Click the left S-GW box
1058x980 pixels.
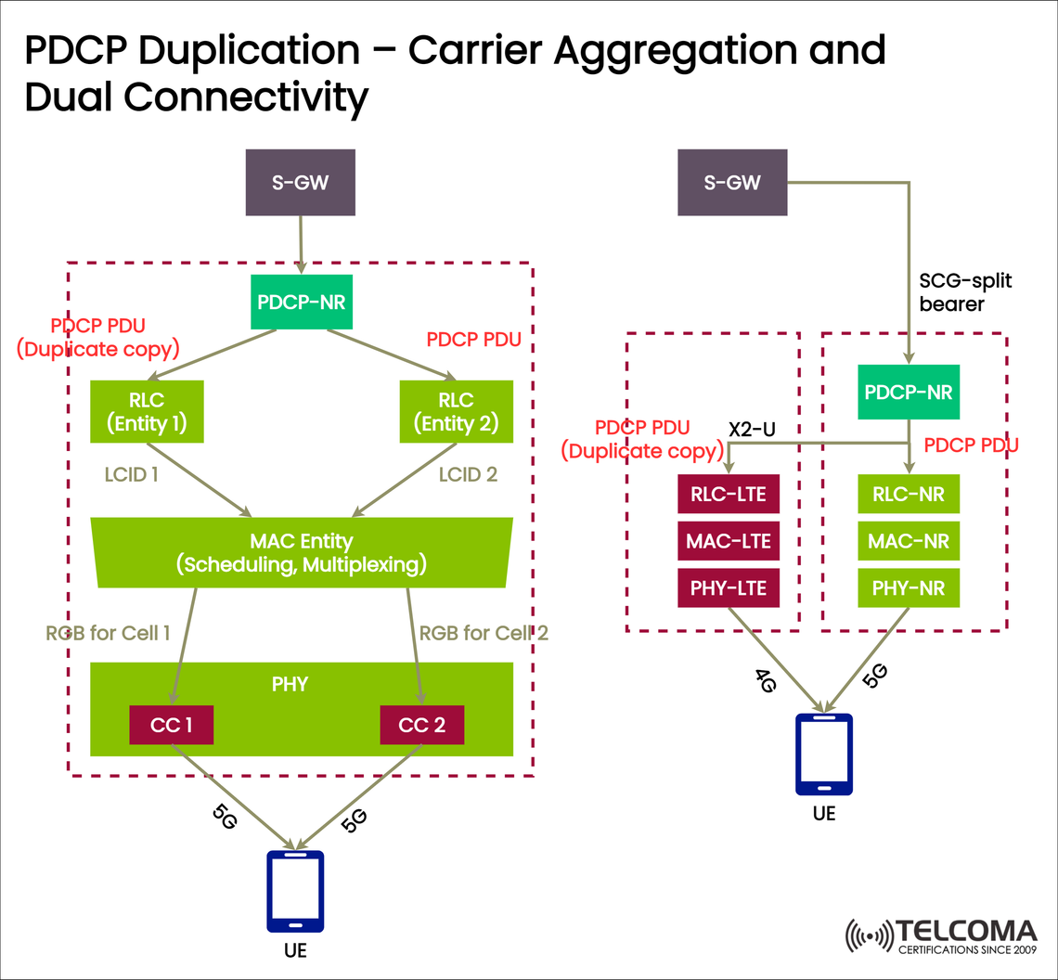(x=299, y=183)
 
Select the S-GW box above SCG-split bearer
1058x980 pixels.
(x=731, y=183)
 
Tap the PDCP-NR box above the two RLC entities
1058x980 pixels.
(x=303, y=303)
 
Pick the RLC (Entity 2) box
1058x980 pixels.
(x=456, y=412)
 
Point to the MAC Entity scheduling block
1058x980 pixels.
(x=303, y=552)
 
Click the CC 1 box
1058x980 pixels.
(x=172, y=725)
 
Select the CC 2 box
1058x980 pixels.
(x=421, y=725)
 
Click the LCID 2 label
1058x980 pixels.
(x=468, y=475)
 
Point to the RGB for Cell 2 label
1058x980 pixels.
(x=484, y=634)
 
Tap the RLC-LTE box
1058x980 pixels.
(x=729, y=494)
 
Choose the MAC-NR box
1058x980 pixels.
(x=908, y=541)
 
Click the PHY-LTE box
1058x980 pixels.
(x=729, y=588)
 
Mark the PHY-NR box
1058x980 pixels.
(x=908, y=588)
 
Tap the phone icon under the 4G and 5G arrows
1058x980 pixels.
(x=824, y=754)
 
